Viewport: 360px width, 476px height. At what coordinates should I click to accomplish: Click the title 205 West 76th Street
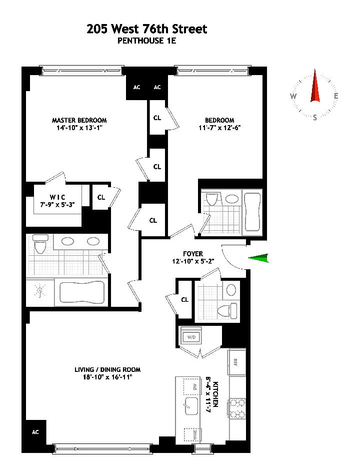147,29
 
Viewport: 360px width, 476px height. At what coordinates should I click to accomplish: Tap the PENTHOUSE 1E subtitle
147,41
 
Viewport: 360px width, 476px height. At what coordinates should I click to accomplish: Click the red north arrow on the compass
315,86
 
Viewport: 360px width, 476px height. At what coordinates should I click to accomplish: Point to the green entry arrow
258,258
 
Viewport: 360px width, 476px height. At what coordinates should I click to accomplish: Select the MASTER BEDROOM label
79,120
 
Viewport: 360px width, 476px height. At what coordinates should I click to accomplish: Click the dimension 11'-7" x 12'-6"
219,128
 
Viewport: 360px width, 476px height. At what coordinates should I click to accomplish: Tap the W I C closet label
57,197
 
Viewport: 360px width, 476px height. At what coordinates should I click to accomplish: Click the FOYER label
193,254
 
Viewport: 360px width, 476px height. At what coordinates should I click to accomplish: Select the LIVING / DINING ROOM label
107,370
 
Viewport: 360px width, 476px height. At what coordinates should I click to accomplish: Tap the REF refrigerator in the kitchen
237,362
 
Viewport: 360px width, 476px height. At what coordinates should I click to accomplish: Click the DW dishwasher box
192,387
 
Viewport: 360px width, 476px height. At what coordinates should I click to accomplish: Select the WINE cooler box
192,435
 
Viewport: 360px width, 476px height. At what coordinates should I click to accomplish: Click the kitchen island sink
191,406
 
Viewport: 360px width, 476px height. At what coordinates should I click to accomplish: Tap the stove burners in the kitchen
237,408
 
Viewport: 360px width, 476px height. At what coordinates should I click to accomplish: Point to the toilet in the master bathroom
39,244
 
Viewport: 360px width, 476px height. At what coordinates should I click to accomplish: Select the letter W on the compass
293,97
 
